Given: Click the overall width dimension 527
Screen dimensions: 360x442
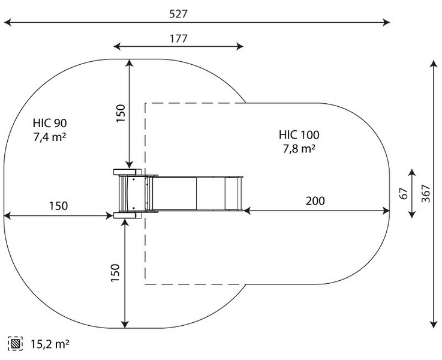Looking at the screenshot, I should click(x=196, y=13).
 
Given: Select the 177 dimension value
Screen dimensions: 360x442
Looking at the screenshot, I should click(x=178, y=38).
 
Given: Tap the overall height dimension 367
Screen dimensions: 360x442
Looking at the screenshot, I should click(x=426, y=193).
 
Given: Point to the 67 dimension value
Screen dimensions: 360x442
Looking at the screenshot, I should click(x=404, y=193).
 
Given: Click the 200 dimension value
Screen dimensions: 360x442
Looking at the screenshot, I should click(x=315, y=201).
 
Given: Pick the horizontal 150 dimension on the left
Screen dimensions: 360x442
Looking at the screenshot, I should click(x=58, y=206).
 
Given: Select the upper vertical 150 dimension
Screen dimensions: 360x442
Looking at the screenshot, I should click(x=120, y=113).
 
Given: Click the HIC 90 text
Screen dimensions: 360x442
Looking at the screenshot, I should click(x=50, y=124).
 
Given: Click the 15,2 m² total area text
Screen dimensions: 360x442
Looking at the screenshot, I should click(x=50, y=344).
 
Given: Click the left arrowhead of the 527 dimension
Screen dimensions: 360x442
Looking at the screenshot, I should click(x=7, y=23).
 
